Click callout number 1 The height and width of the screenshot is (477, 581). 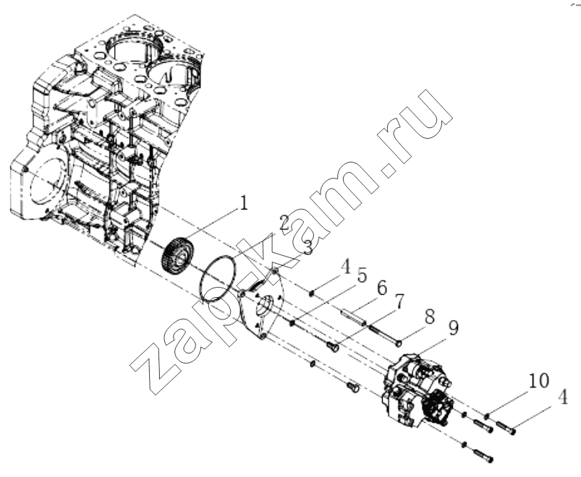tap(243, 203)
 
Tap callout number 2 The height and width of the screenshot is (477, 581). tap(284, 223)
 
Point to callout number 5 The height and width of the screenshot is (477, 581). tap(361, 276)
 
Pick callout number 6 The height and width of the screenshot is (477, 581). tap(381, 288)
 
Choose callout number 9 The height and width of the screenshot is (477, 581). tap(453, 328)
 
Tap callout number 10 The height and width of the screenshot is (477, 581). tap(539, 380)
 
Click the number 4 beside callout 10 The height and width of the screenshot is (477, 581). tap(562, 397)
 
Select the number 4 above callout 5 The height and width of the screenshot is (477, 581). tap(345, 267)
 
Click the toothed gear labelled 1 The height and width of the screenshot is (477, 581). tap(177, 257)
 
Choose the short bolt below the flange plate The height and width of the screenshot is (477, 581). tap(354, 388)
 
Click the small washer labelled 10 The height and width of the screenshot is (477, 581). tap(488, 417)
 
